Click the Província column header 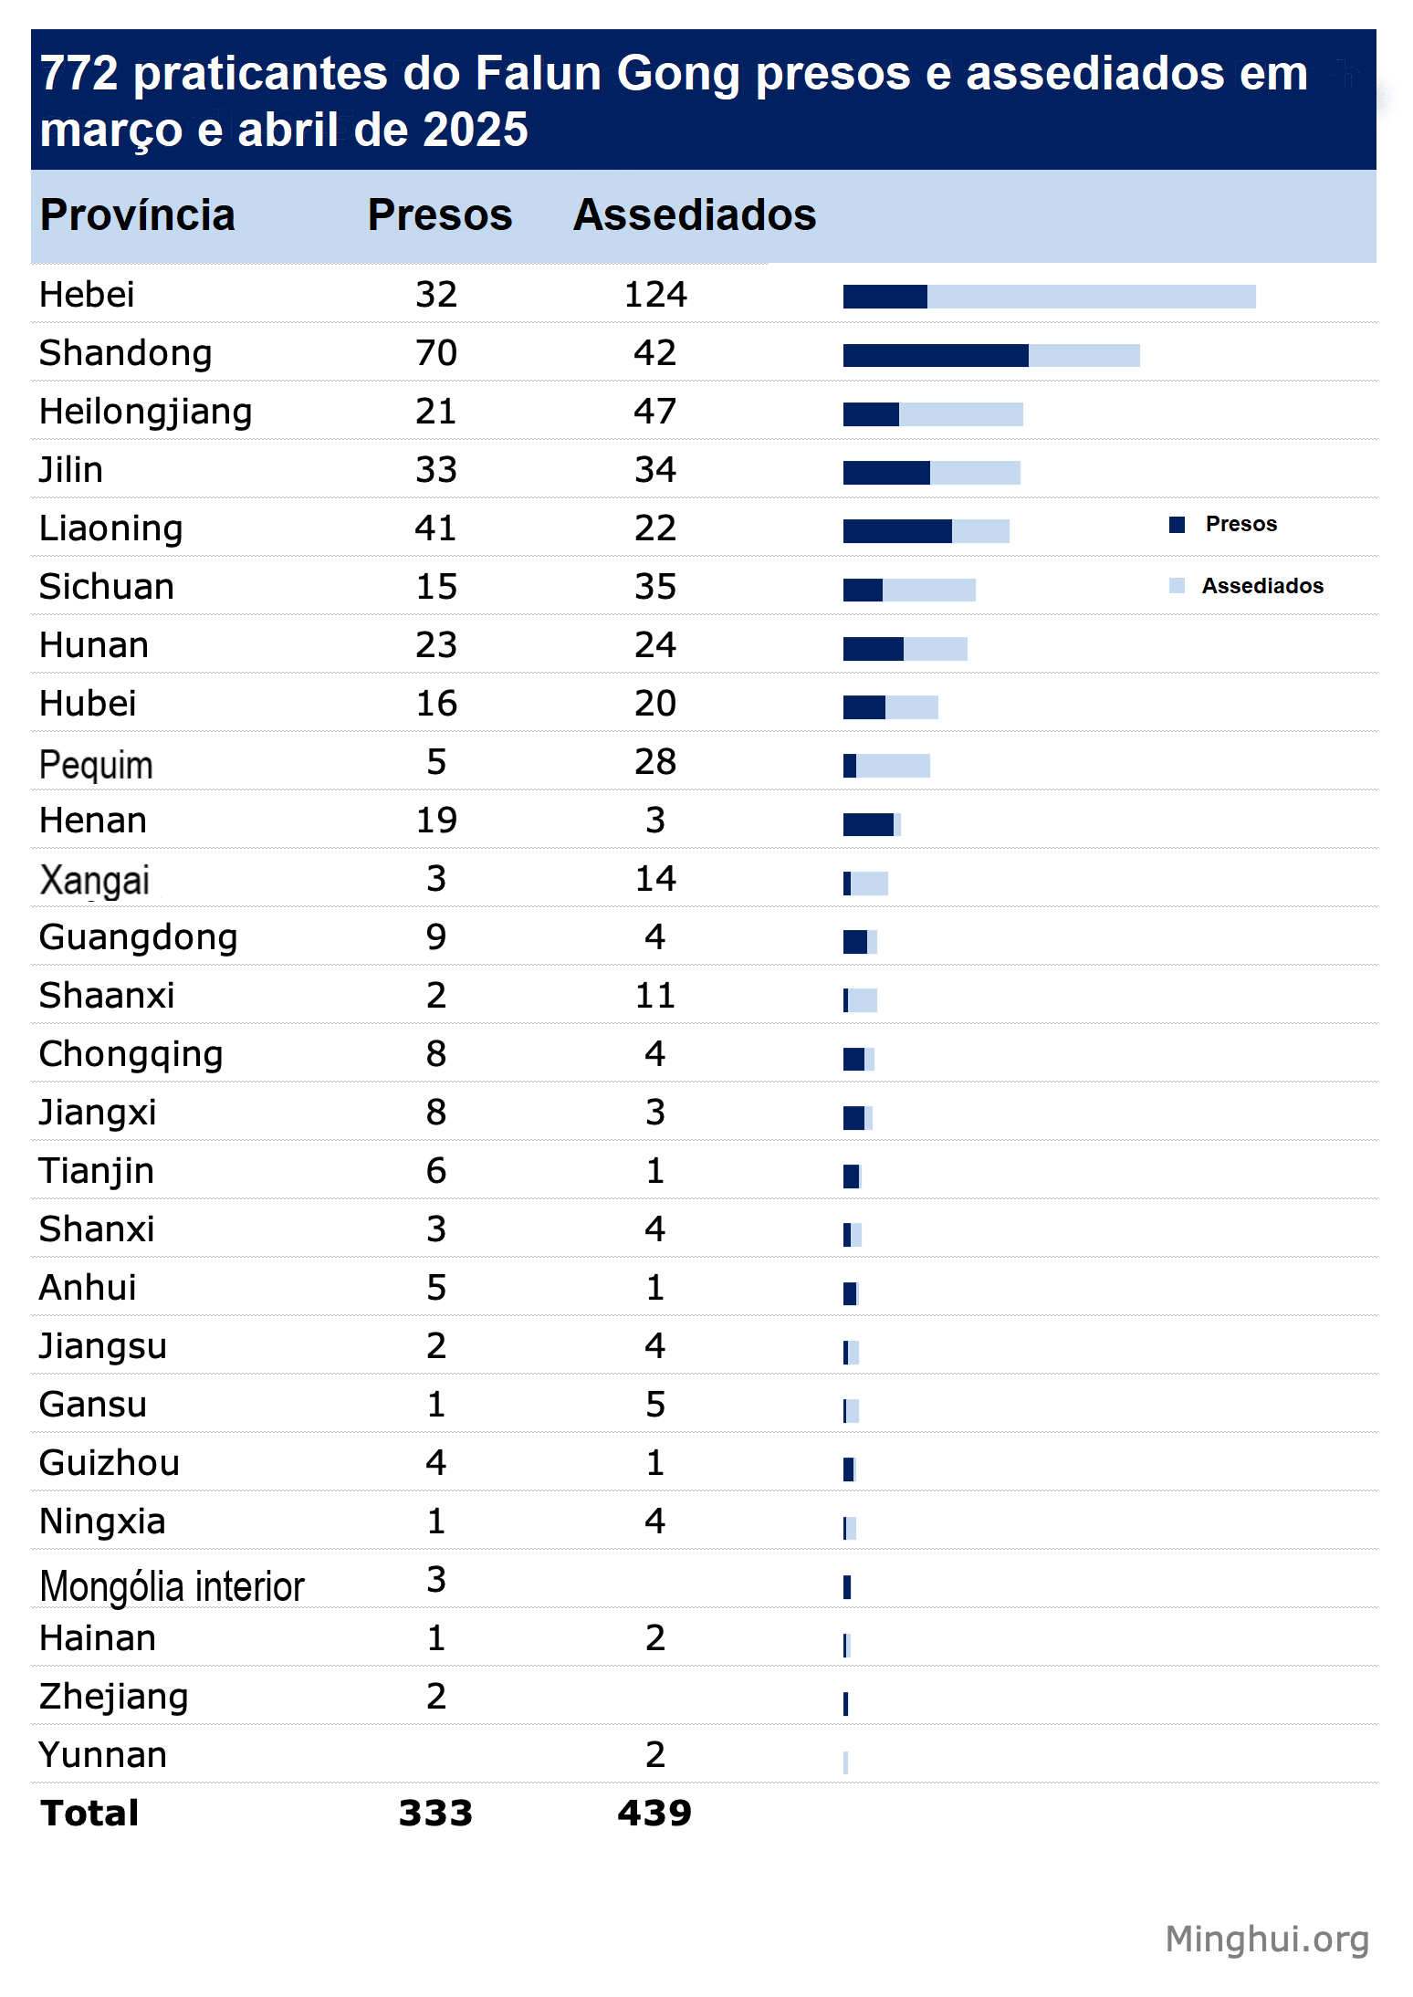click(x=138, y=215)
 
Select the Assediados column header click(x=695, y=215)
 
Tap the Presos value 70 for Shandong click(x=436, y=353)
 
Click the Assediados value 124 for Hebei click(x=655, y=295)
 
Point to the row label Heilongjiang click(x=146, y=413)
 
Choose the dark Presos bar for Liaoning click(x=897, y=531)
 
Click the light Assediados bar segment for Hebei click(x=1092, y=297)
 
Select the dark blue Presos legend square click(x=1177, y=524)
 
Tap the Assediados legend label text click(x=1262, y=586)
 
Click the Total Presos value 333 click(x=435, y=1813)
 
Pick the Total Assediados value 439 click(x=654, y=1813)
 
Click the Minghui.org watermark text click(x=1267, y=1939)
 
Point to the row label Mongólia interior click(x=172, y=1586)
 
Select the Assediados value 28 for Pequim click(x=655, y=762)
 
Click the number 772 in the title click(x=79, y=73)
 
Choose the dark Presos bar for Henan click(x=868, y=824)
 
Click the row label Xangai click(x=94, y=881)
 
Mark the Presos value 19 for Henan click(x=436, y=821)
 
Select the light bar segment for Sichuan click(x=929, y=590)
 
